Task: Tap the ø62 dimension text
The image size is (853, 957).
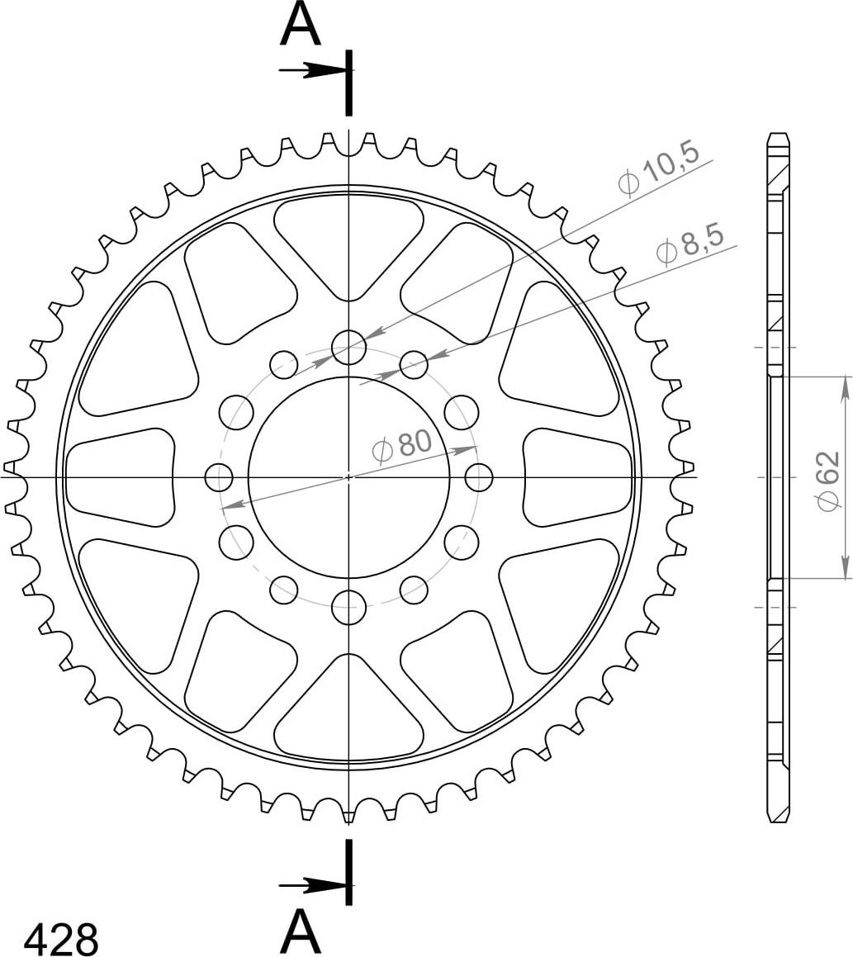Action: (827, 481)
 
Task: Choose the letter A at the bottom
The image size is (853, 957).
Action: (301, 931)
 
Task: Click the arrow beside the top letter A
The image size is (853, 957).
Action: (313, 71)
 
